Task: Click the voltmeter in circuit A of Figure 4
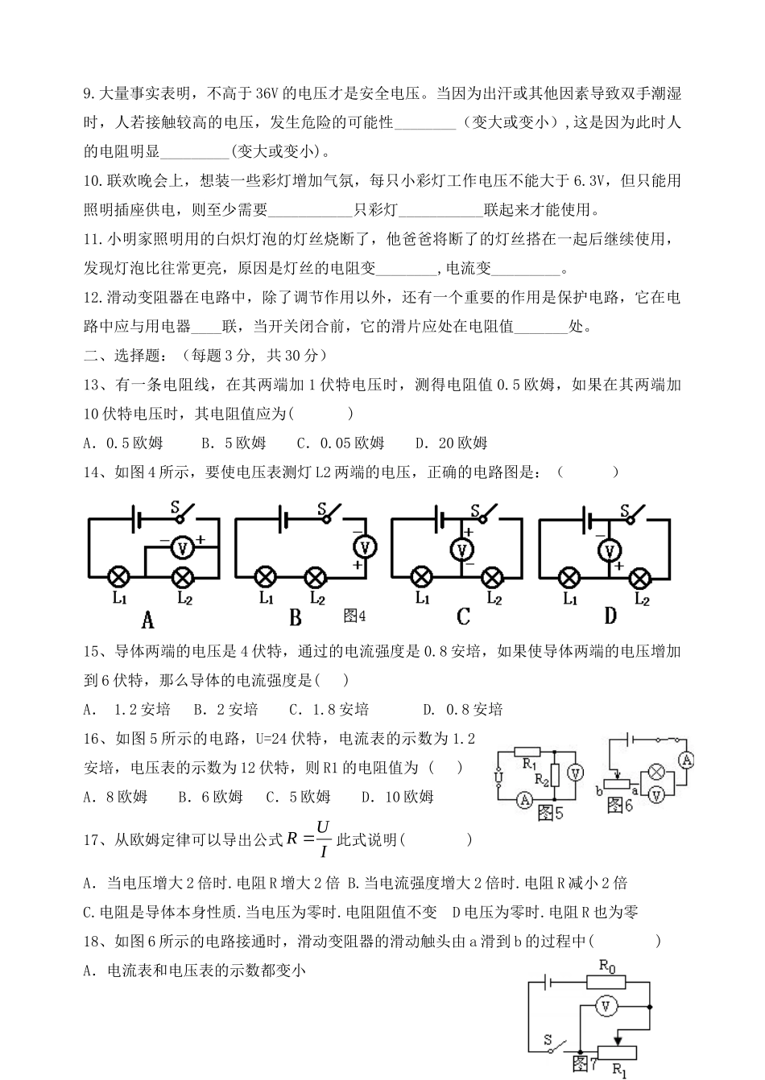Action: [184, 548]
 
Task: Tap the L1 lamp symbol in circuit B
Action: [265, 577]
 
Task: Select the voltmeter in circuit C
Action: [462, 550]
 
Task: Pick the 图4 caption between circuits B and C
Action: [354, 616]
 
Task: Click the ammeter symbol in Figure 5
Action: [524, 799]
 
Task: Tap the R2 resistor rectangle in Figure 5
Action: [555, 775]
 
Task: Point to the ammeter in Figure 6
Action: [686, 760]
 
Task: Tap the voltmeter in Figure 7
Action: [609, 1006]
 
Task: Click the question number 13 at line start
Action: [94, 385]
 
